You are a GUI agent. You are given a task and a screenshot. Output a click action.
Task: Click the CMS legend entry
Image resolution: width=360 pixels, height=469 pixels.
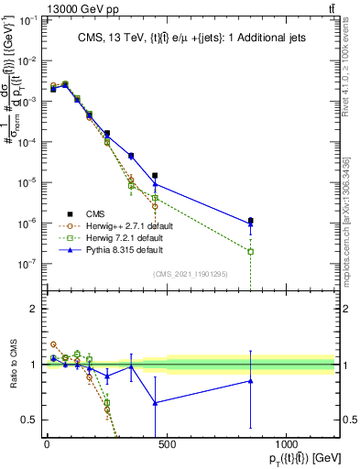(95, 213)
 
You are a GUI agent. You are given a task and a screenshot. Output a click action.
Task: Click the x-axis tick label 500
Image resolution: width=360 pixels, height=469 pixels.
(166, 444)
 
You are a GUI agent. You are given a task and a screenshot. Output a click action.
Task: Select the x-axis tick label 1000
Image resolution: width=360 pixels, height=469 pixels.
(286, 444)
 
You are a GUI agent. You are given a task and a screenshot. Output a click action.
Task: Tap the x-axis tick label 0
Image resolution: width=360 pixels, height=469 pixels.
(47, 444)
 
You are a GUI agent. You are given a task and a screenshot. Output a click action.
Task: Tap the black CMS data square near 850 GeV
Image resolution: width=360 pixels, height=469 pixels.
(250, 220)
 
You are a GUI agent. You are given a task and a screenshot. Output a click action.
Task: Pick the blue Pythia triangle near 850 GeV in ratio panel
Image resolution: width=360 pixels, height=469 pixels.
(250, 381)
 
